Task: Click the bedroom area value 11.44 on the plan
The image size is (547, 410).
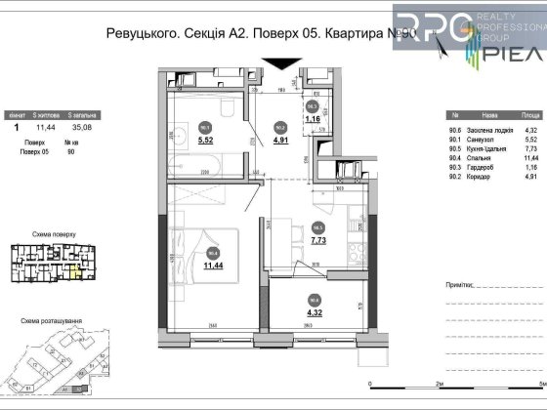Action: [x=210, y=263]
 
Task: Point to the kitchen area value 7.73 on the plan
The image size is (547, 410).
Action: [x=318, y=237]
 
